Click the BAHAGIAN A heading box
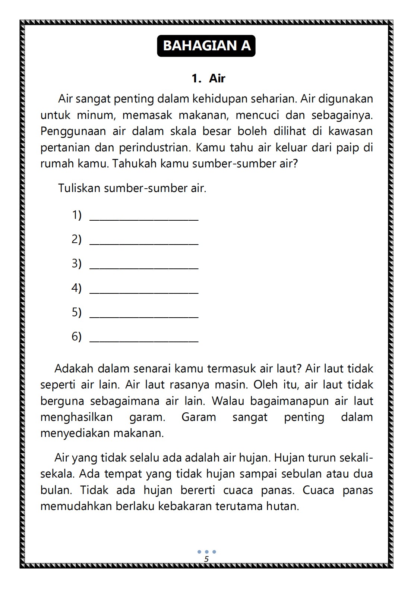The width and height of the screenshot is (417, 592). point(206,46)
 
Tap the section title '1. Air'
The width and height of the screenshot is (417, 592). point(208,78)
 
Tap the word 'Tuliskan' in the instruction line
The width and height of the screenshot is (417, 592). point(79,188)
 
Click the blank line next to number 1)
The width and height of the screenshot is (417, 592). point(144,218)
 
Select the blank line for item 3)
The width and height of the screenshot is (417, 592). point(144,267)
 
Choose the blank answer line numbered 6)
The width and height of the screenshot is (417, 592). point(144,340)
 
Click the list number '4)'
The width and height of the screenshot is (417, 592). point(76,288)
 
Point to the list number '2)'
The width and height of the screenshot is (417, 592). point(76,239)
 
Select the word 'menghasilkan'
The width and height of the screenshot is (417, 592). point(76,417)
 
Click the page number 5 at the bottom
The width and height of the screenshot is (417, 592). point(206,559)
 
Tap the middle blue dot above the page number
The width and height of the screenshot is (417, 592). point(206,552)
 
